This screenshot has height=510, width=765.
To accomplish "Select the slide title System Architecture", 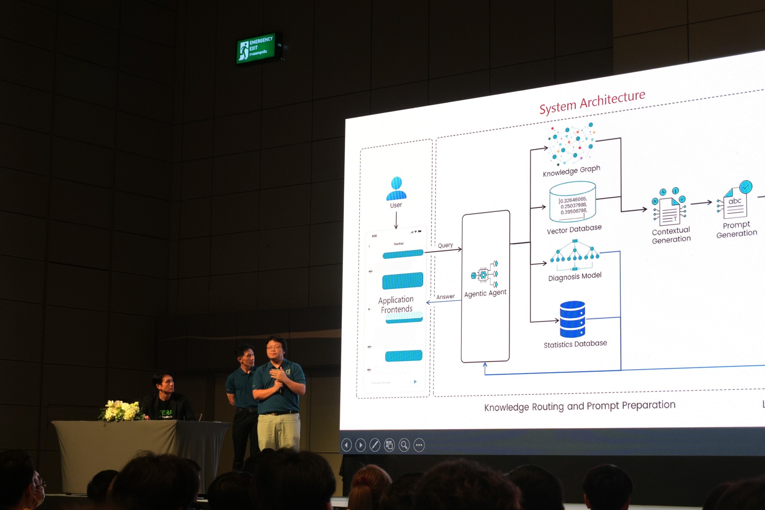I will (x=592, y=102).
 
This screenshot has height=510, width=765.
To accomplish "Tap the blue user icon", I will (x=396, y=188).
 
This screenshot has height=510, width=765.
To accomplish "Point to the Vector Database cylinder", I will (x=572, y=202).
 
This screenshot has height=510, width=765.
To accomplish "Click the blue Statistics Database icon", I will (x=572, y=319).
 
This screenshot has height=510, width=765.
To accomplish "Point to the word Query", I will (x=445, y=245).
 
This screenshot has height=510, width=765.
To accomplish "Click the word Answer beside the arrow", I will (x=446, y=297).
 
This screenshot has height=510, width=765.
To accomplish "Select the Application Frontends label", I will (x=396, y=304).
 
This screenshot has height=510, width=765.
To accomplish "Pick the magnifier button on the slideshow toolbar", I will (x=404, y=445).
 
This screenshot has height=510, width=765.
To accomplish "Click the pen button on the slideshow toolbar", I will (x=375, y=445).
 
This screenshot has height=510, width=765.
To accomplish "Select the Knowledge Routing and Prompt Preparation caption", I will (x=579, y=406).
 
